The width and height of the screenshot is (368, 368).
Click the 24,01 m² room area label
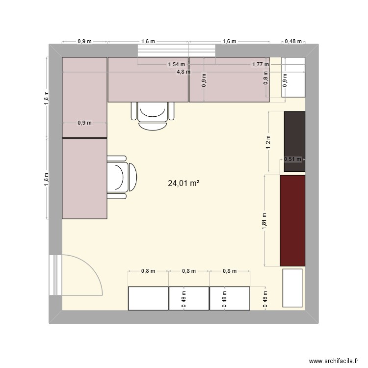pyautogui.click(x=184, y=184)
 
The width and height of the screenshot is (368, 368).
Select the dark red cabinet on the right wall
pyautogui.click(x=292, y=221)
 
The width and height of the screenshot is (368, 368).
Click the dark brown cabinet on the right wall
pyautogui.click(x=294, y=142)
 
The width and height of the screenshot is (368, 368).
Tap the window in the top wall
pyautogui.click(x=177, y=51)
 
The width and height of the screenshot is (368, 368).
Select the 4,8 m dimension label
pyautogui.click(x=184, y=72)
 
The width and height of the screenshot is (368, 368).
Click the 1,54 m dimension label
pyautogui.click(x=177, y=64)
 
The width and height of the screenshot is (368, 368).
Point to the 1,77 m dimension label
pyautogui.click(x=261, y=64)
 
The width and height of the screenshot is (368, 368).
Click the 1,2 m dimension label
pyautogui.click(x=268, y=142)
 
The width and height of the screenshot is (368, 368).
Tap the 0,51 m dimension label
pyautogui.click(x=293, y=159)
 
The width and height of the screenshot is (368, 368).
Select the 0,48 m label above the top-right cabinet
pyautogui.click(x=293, y=42)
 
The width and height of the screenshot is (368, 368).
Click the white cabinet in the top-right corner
pyautogui.click(x=293, y=77)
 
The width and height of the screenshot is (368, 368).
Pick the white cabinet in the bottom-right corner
pyautogui.click(x=292, y=288)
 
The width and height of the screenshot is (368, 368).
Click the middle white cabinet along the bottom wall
pyautogui.click(x=189, y=298)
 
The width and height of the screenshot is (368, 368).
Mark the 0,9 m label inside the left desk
pyautogui.click(x=84, y=123)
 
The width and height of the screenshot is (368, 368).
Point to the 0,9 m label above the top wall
pyautogui.click(x=84, y=42)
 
